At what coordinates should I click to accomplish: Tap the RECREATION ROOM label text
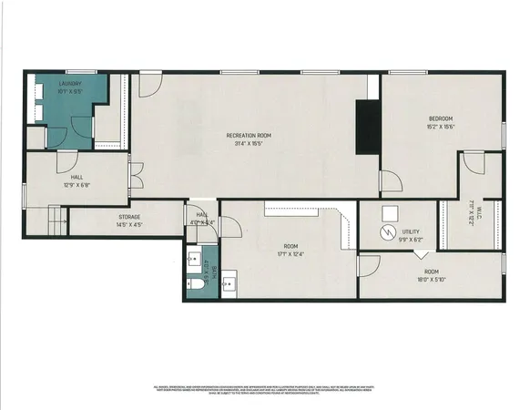tap(249, 136)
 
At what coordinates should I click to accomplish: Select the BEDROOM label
tap(441, 118)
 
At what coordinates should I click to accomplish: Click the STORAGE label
tap(127, 217)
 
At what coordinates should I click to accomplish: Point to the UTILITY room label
tap(410, 231)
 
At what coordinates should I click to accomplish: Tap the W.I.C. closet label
tap(473, 212)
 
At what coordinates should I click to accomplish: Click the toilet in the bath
tap(198, 285)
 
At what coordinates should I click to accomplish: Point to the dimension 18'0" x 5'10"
tap(430, 279)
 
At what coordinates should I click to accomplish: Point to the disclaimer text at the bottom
tap(264, 390)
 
